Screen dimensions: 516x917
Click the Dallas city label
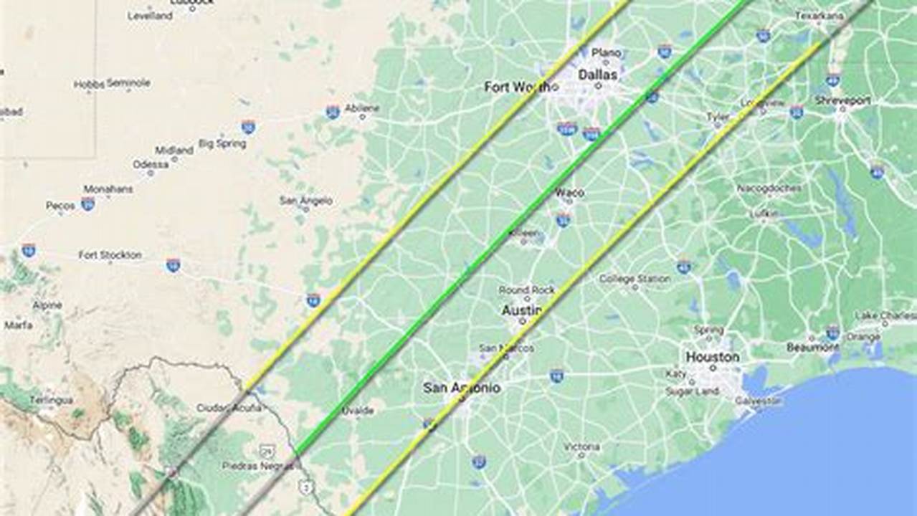pyautogui.click(x=597, y=74)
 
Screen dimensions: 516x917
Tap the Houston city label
pyautogui.click(x=712, y=357)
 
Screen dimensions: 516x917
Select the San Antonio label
pyautogui.click(x=461, y=388)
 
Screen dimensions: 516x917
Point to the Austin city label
pyautogui.click(x=521, y=311)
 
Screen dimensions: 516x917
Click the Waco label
pyautogui.click(x=569, y=193)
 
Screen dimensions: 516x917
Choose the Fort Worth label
pyautogui.click(x=521, y=87)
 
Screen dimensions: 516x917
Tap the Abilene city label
pyautogui.click(x=362, y=107)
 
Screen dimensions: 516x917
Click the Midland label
pyautogui.click(x=174, y=150)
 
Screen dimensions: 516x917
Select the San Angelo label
pyautogui.click(x=306, y=201)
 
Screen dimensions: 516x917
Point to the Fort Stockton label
pyautogui.click(x=110, y=255)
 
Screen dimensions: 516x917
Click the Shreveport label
pyautogui.click(x=842, y=101)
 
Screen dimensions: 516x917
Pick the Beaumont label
pyautogui.click(x=812, y=348)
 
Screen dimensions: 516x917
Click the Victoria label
pyautogui.click(x=581, y=446)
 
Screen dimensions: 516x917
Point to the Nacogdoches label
pyautogui.click(x=770, y=188)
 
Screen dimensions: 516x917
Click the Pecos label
pyautogui.click(x=60, y=206)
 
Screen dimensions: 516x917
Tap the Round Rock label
pyautogui.click(x=527, y=290)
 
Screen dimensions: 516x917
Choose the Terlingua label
pyautogui.click(x=51, y=400)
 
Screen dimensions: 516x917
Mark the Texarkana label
pyautogui.click(x=819, y=15)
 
